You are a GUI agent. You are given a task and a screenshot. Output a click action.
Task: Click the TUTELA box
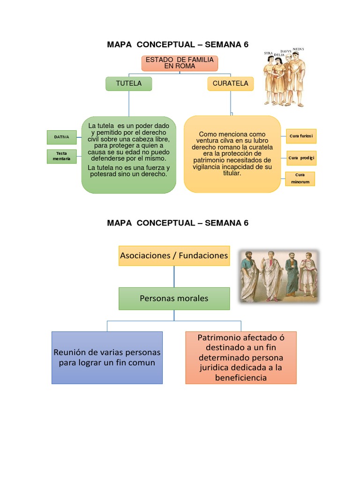tap(128, 84)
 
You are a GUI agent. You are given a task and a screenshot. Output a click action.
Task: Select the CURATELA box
tap(230, 84)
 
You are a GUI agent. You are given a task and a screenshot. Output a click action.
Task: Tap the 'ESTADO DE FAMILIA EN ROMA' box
tap(180, 63)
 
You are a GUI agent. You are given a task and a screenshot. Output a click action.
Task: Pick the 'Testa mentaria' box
tap(62, 156)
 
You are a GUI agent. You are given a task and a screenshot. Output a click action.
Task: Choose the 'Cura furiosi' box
tap(301, 136)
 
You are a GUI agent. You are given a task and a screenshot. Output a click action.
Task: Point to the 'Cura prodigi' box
tap(301, 158)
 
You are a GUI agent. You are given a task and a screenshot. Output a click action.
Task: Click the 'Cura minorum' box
tap(300, 179)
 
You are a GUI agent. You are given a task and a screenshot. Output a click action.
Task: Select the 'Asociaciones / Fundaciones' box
tap(174, 255)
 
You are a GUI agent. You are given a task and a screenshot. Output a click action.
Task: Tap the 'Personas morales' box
tap(174, 299)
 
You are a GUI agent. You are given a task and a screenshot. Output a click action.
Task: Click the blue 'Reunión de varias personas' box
tap(107, 357)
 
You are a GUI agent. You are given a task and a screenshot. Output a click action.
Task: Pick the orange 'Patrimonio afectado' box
tap(240, 357)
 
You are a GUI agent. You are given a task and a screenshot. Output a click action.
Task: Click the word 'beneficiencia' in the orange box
tap(241, 377)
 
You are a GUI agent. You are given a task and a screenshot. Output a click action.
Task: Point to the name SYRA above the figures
tap(268, 53)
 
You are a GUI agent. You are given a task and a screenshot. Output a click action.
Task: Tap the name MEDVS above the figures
tap(299, 49)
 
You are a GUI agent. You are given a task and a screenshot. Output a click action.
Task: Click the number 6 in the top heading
tap(245, 45)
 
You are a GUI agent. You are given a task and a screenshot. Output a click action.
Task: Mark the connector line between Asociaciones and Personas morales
tap(174, 277)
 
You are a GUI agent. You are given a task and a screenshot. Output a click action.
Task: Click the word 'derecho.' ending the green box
tap(154, 173)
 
